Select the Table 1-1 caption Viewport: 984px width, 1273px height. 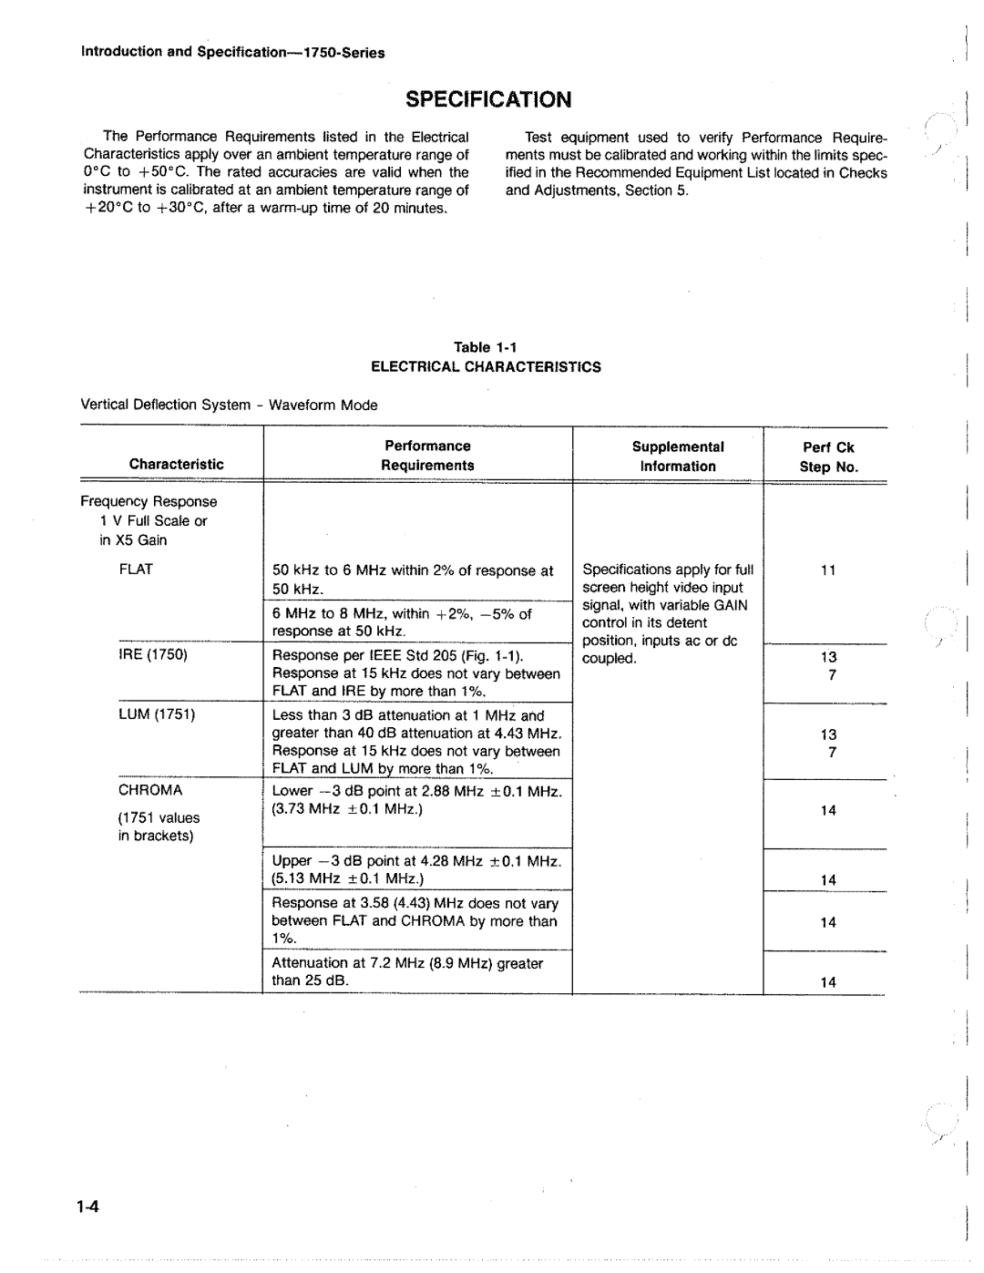point(486,347)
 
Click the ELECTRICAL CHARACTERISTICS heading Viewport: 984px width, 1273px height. point(485,367)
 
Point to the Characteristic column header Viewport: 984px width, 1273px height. point(176,465)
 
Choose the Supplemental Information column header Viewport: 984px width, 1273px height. point(678,457)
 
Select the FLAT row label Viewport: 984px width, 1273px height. point(135,570)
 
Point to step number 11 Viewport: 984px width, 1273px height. point(827,571)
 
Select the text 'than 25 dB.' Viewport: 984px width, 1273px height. point(312,980)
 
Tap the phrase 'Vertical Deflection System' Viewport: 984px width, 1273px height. point(165,405)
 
